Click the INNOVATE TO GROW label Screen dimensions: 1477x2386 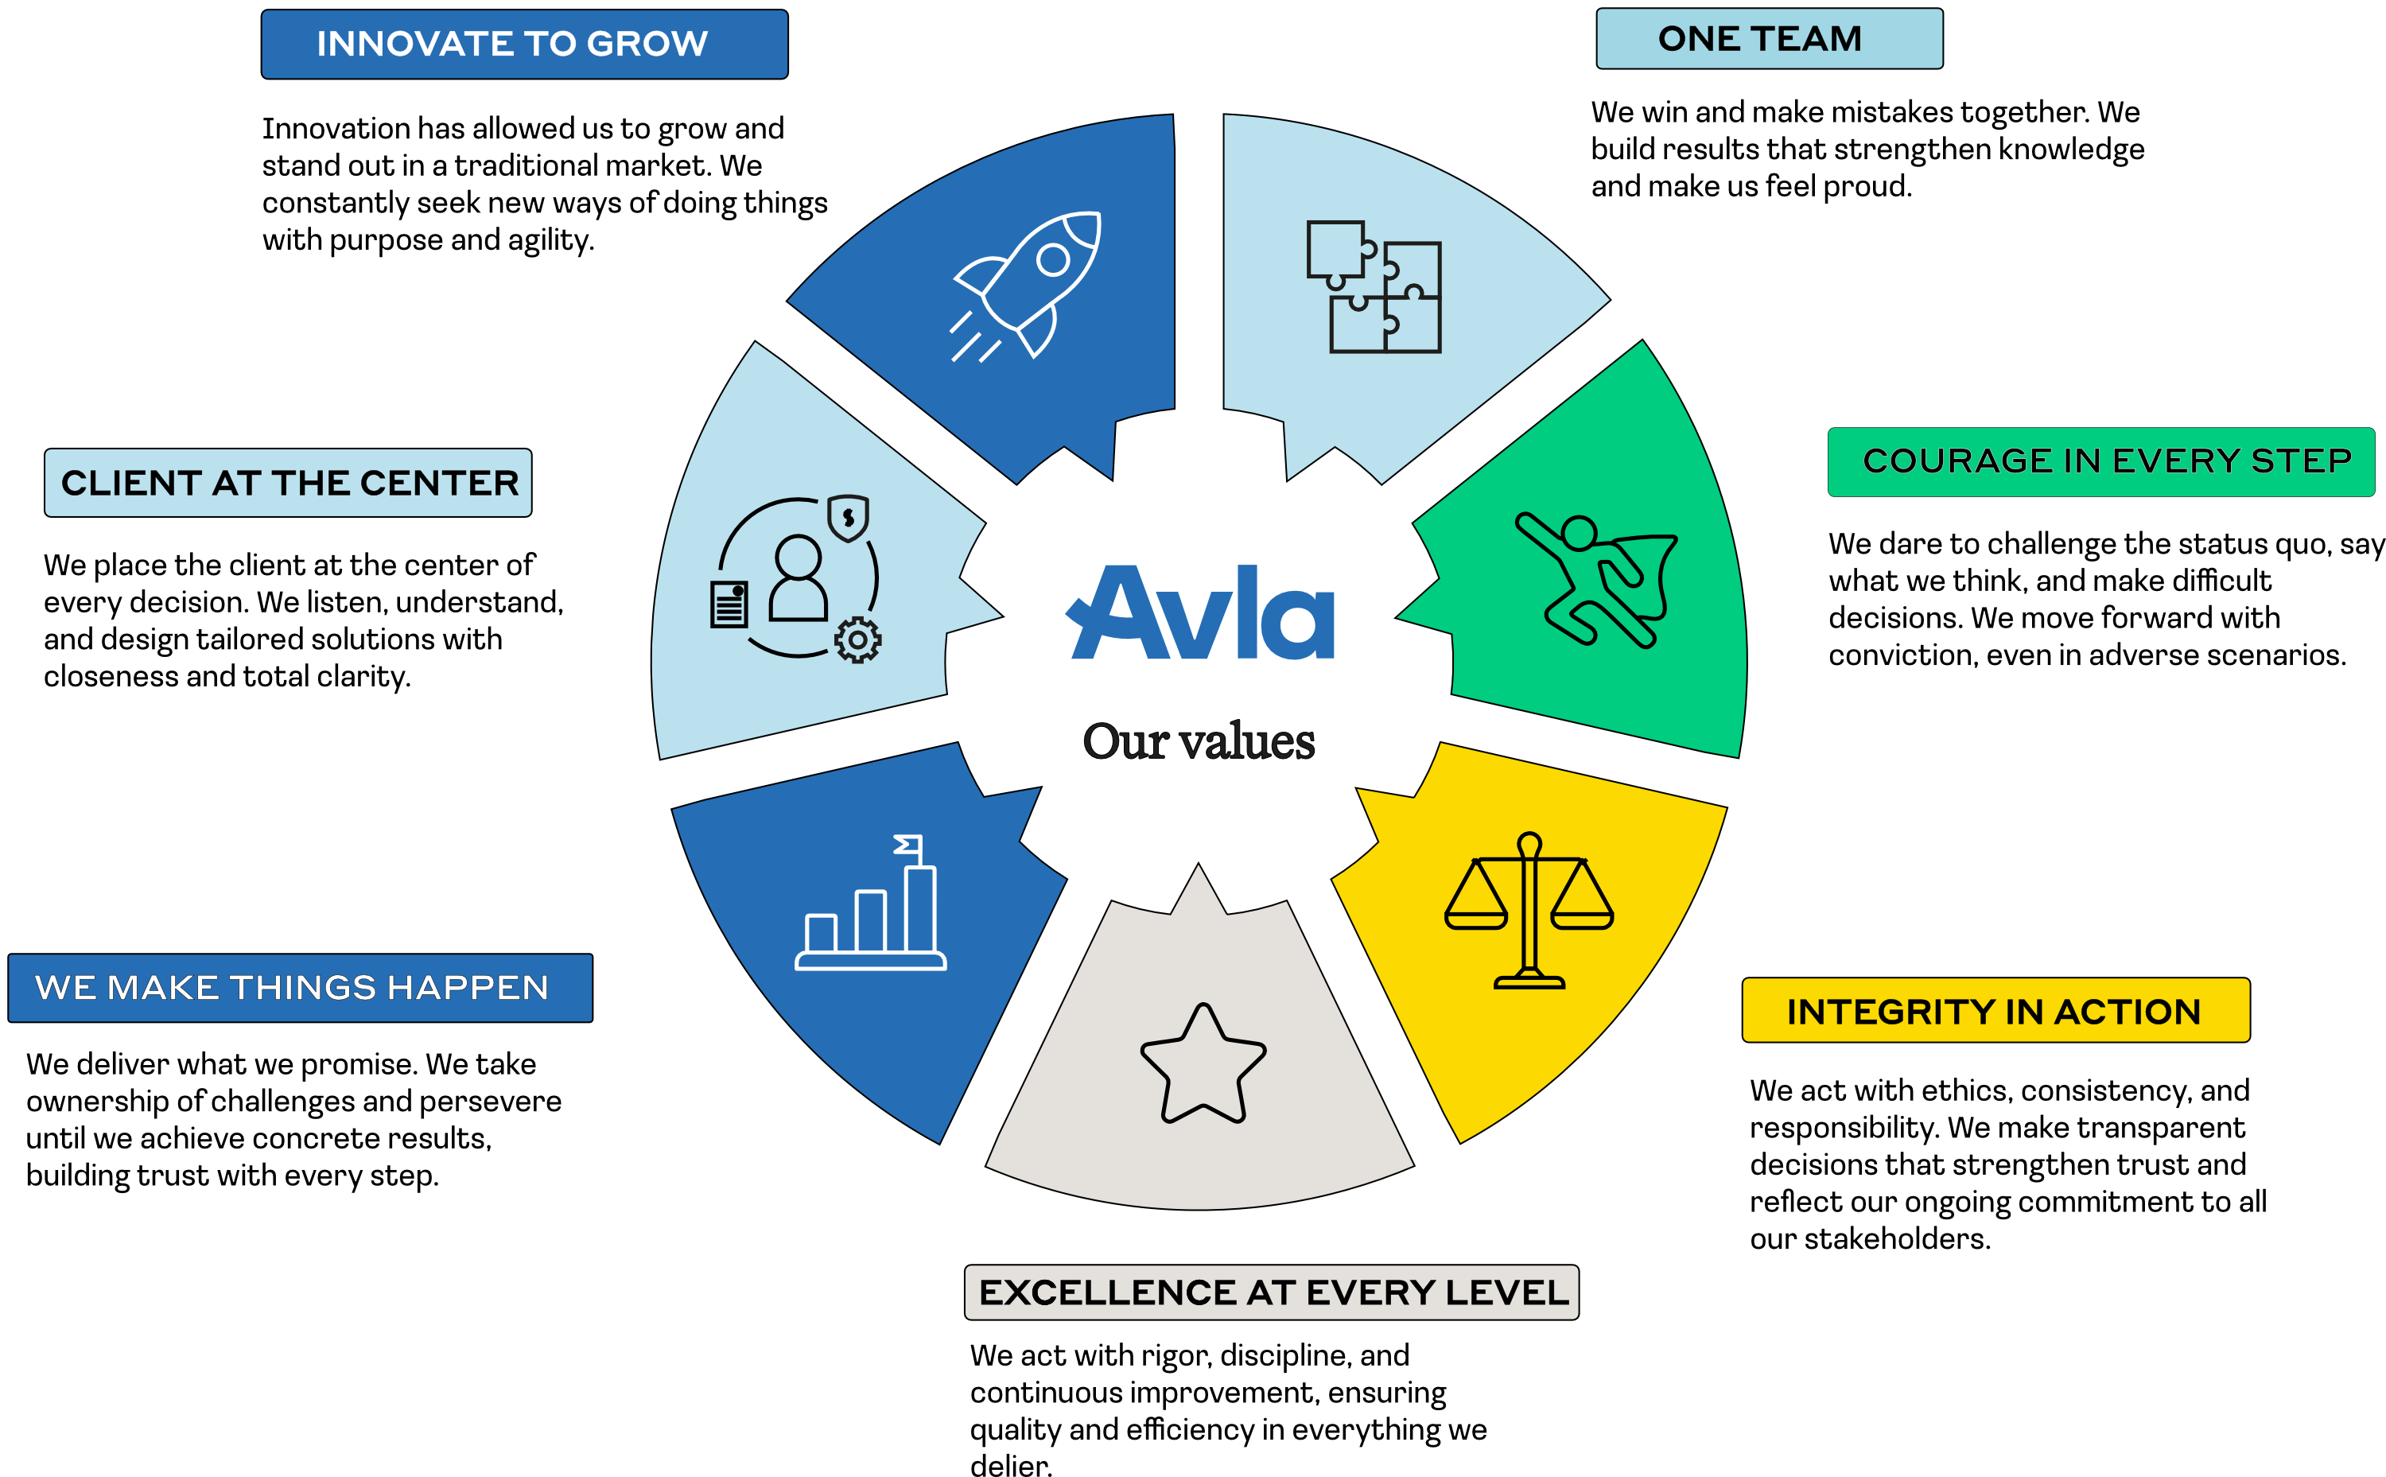[x=523, y=44]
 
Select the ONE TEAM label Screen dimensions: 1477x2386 [x=1769, y=39]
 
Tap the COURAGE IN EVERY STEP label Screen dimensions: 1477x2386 [x=2100, y=461]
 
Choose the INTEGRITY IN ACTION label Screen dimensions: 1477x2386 [x=1995, y=1011]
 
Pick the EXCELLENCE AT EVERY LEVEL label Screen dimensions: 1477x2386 [x=1271, y=1292]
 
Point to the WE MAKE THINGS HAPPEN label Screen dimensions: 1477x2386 [x=300, y=988]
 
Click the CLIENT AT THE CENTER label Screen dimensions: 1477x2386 [x=288, y=483]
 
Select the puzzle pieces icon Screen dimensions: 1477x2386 [x=1374, y=286]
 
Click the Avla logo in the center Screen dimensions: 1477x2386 [x=1200, y=612]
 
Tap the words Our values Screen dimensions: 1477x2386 [x=1199, y=740]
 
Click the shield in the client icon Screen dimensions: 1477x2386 [x=848, y=518]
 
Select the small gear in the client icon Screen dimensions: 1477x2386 [x=857, y=639]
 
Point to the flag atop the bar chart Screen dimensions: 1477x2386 [x=908, y=845]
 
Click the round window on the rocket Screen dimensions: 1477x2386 [x=1053, y=260]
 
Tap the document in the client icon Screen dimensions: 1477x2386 [x=729, y=604]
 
